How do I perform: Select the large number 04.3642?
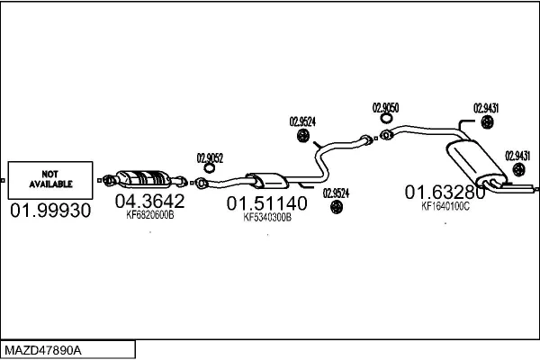[x=149, y=200]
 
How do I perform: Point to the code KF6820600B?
[x=149, y=215]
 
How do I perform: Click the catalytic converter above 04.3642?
[x=144, y=176]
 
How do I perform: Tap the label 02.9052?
[x=210, y=156]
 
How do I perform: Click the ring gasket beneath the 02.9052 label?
[x=210, y=168]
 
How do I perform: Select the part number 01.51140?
[x=266, y=203]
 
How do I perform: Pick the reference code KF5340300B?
[x=267, y=217]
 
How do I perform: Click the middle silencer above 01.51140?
[x=264, y=177]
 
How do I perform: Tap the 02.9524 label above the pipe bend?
[x=301, y=122]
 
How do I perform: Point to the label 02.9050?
[x=385, y=108]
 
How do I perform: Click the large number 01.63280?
[x=445, y=191]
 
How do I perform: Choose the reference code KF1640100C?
[x=445, y=205]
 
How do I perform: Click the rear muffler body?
[x=472, y=160]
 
